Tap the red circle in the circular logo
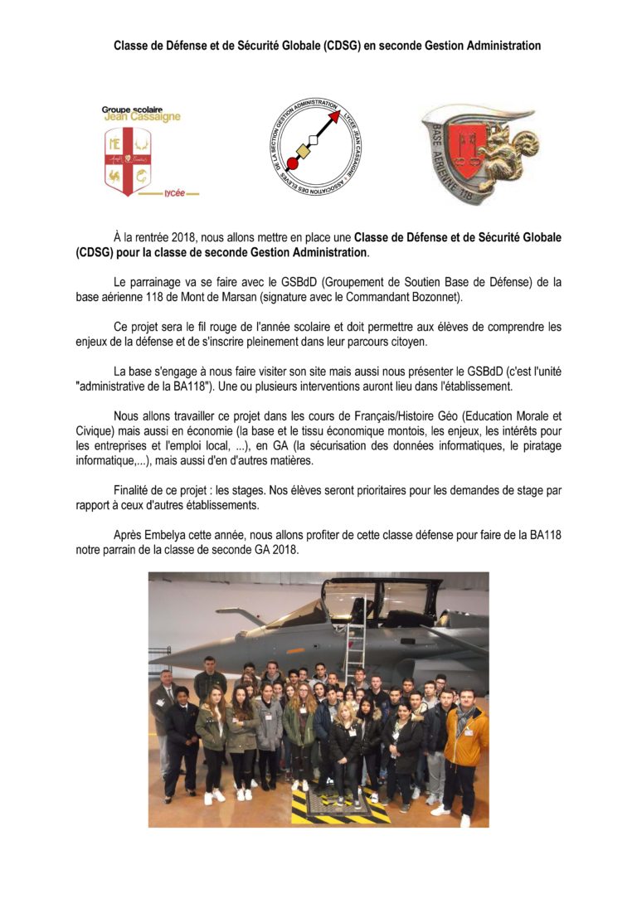click(x=292, y=162)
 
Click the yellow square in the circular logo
click(x=304, y=151)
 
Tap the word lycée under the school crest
click(x=174, y=192)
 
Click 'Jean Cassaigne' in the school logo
click(x=142, y=117)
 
